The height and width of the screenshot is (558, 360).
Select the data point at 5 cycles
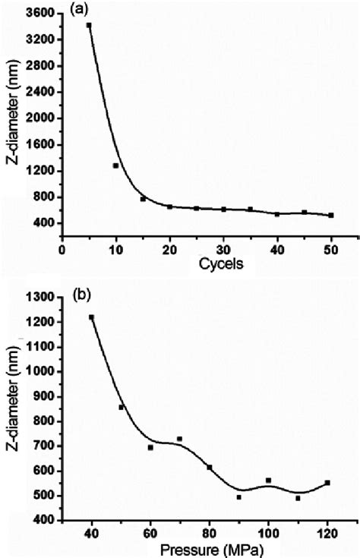[x=89, y=25]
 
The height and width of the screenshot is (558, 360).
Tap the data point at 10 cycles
[x=116, y=166]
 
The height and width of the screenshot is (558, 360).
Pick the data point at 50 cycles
[x=331, y=216]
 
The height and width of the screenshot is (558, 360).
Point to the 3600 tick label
[x=39, y=14]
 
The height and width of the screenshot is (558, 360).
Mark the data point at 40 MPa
[x=92, y=317]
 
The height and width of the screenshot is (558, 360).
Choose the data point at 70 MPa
[x=180, y=439]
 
